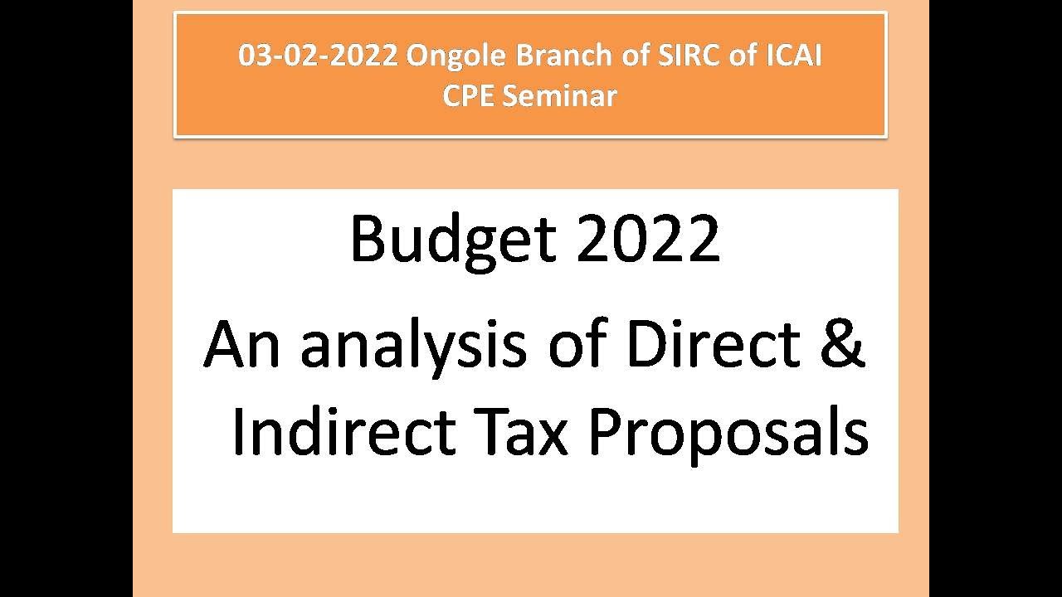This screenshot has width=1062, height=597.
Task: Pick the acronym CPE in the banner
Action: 470,95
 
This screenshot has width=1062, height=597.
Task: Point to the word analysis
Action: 412,347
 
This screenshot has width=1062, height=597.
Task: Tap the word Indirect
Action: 343,433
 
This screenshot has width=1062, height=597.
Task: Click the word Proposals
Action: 728,434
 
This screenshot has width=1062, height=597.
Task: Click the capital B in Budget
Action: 367,239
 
